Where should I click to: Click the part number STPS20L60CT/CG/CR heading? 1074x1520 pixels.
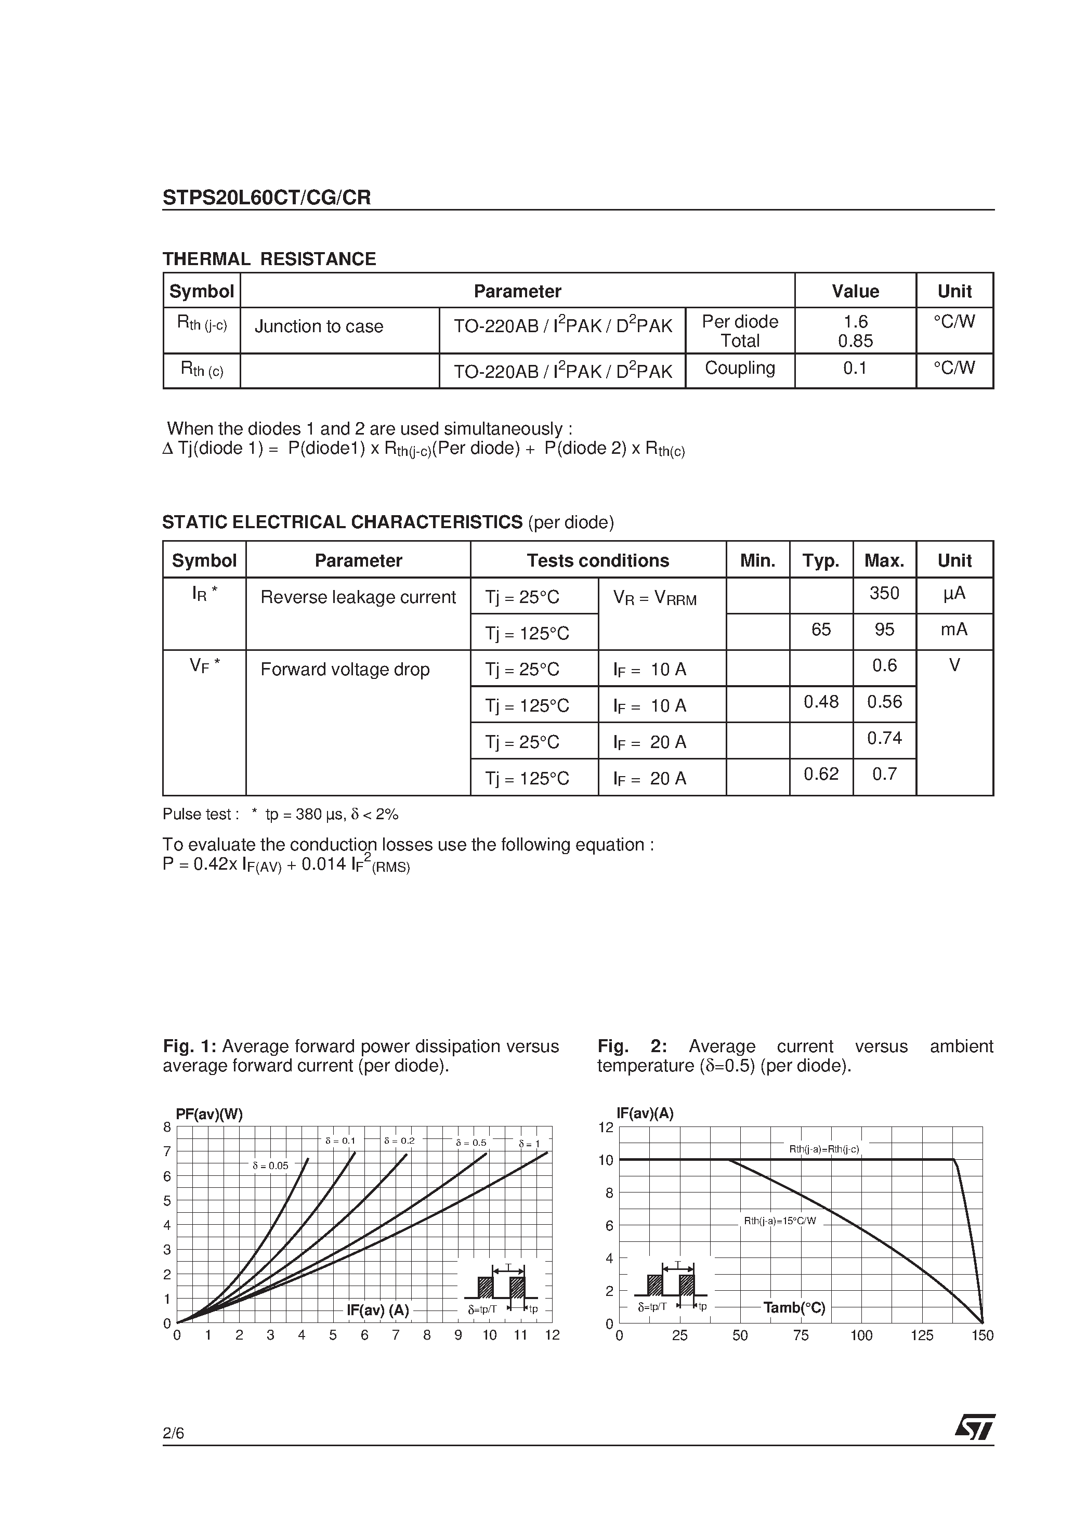click(267, 198)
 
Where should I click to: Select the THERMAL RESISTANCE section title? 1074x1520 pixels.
click(269, 259)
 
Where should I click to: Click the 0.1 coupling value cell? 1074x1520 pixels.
click(854, 368)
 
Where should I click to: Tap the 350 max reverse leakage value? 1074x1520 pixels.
click(884, 593)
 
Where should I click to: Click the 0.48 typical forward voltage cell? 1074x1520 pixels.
click(820, 702)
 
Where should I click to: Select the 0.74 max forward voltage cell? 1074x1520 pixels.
click(884, 738)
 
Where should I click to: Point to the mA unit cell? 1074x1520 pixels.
click(953, 630)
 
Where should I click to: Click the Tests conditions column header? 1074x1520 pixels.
click(597, 561)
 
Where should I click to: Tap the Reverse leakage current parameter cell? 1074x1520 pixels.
click(358, 597)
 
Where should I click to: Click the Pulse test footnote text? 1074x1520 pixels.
click(280, 814)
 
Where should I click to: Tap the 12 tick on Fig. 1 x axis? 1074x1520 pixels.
click(552, 1335)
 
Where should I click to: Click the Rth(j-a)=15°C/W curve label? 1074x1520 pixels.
click(779, 1221)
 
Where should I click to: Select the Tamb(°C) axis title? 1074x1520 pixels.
click(794, 1308)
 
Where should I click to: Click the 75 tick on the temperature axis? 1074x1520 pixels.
click(801, 1336)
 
